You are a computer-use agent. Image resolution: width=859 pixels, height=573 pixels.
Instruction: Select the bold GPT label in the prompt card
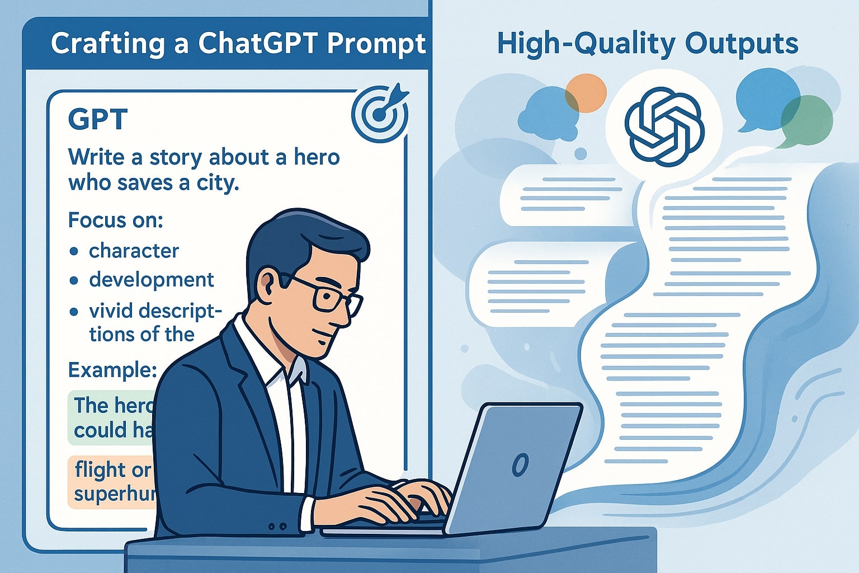click(97, 119)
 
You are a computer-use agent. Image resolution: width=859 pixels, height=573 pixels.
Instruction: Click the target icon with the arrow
click(380, 112)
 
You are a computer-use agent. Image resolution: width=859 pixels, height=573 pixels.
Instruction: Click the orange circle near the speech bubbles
click(586, 93)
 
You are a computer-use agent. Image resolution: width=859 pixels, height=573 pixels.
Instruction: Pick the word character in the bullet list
click(134, 251)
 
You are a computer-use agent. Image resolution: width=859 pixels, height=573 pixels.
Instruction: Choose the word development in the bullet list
click(151, 279)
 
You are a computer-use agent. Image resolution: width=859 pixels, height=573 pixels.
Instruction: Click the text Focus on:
click(115, 220)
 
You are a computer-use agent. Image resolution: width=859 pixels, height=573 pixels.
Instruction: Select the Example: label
click(112, 370)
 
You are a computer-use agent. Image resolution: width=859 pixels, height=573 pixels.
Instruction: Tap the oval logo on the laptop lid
click(520, 464)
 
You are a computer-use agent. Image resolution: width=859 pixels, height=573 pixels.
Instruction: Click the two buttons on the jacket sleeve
click(277, 526)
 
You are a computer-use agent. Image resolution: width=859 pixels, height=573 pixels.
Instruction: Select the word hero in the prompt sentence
click(317, 157)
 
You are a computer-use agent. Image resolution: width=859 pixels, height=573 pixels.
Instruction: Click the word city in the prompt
click(215, 183)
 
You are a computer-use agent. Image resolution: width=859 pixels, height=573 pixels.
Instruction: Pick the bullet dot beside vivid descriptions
click(74, 311)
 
